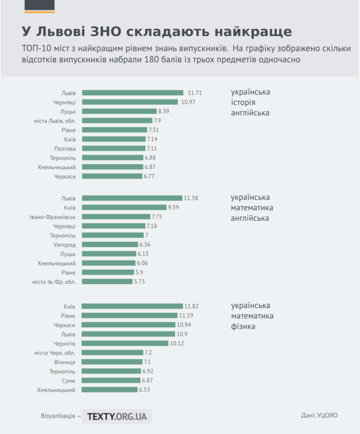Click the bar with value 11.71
pos(133,93)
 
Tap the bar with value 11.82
pos(132,306)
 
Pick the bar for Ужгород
pos(109,245)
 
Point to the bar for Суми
pos(110,381)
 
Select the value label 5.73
pos(140,282)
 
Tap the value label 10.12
pos(177,343)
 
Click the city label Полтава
pos(65,148)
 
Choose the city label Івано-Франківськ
pos(53,217)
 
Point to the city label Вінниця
pos(64,362)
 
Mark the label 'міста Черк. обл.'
pos(55,353)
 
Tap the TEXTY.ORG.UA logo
pos(117,416)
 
